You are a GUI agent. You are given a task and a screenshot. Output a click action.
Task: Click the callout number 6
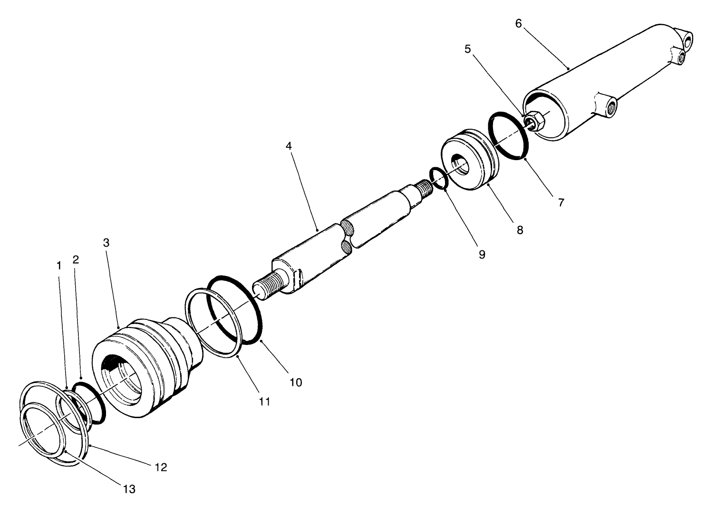518,23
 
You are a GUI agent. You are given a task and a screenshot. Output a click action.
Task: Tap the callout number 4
289,146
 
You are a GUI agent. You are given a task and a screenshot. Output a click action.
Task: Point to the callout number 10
296,382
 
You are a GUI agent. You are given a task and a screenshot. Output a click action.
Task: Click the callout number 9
482,254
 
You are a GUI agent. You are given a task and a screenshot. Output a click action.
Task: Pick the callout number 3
106,243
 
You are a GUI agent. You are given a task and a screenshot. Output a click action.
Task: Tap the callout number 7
561,202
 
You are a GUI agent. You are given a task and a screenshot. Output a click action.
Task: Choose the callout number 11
264,402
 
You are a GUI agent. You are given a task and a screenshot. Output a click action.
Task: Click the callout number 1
59,266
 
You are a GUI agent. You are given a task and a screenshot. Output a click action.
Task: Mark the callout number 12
161,467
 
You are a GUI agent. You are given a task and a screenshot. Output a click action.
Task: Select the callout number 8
520,230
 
